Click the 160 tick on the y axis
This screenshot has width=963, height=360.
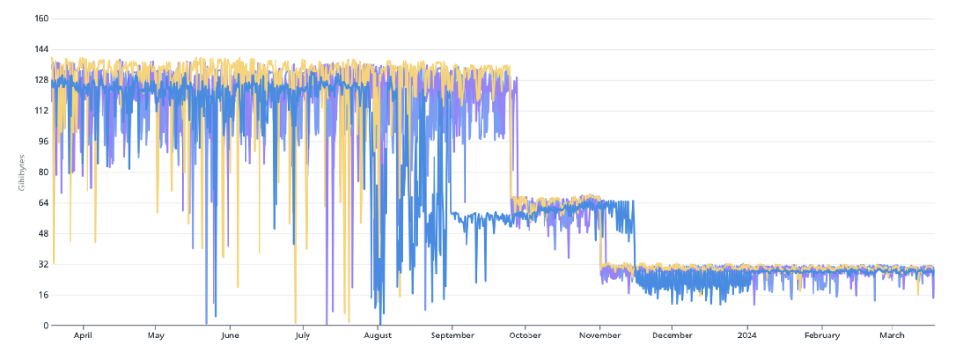(41, 18)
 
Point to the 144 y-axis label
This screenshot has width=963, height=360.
(41, 49)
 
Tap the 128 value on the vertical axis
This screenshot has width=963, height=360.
(41, 80)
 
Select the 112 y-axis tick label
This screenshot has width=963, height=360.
(41, 110)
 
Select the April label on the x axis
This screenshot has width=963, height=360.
(83, 335)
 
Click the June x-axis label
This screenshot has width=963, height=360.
(230, 335)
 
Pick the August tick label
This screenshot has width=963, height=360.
(378, 335)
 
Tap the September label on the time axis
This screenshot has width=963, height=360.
(452, 335)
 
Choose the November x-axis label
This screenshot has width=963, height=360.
(600, 335)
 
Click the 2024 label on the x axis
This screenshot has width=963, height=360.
(747, 335)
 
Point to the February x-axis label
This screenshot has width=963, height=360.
(822, 335)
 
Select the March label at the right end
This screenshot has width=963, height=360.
(892, 335)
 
